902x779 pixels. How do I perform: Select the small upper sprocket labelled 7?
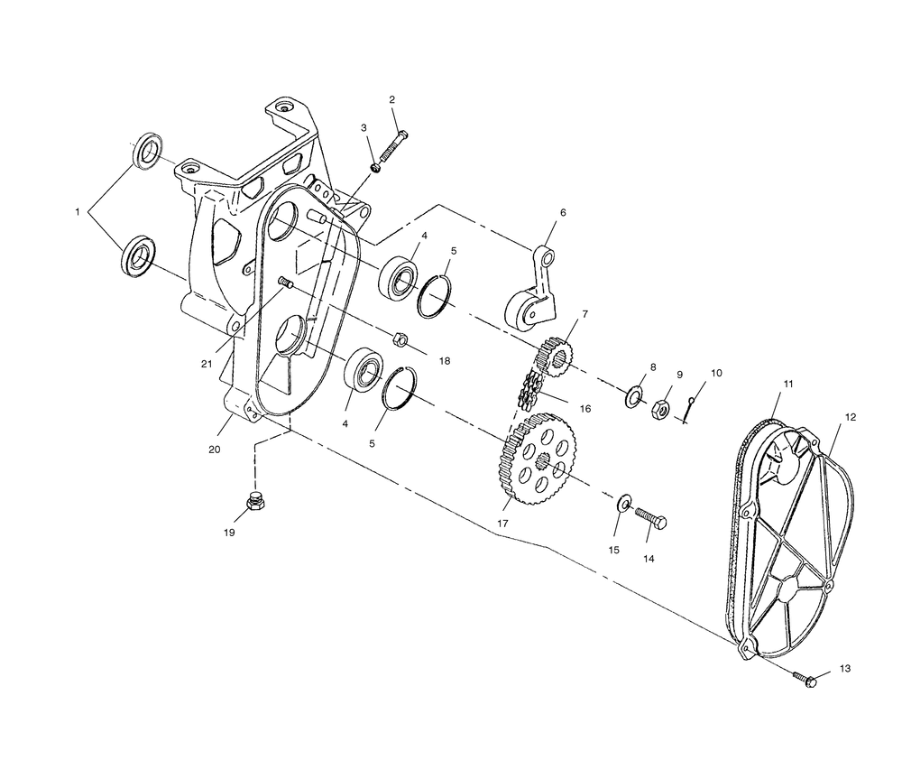554,357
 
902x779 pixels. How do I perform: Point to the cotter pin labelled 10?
688,410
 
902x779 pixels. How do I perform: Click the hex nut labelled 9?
660,409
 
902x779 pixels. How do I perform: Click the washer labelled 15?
624,503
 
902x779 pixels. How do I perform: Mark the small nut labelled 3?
375,168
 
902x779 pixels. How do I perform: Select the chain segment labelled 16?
531,389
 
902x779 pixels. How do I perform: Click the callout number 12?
851,417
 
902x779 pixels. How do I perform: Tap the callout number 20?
214,450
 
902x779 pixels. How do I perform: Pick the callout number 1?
77,212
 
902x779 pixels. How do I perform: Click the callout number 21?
207,364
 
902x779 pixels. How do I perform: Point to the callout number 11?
788,384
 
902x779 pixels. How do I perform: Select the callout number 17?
502,524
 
